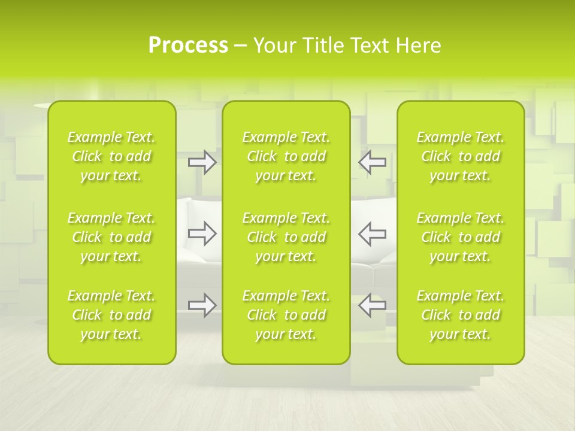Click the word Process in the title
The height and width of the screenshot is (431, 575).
pos(188,45)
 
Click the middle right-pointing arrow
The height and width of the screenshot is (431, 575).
pos(202,233)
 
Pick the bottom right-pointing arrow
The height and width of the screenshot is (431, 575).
pos(202,305)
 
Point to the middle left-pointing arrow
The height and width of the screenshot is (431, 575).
pos(372,233)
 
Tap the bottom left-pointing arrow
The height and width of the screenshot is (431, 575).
pos(372,305)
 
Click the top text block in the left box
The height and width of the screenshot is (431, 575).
pos(111,156)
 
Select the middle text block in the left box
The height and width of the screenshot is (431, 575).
pos(111,237)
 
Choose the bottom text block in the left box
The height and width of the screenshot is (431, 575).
pos(111,315)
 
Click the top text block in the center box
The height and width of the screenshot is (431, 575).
pos(286,156)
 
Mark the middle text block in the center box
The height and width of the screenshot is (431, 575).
pos(286,237)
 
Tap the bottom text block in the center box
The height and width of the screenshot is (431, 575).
pos(286,315)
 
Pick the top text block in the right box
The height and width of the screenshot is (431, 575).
pos(461,156)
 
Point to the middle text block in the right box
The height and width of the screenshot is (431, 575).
pos(461,237)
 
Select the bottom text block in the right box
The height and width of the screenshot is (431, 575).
pos(461,315)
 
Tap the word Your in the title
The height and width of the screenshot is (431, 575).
pos(274,45)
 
